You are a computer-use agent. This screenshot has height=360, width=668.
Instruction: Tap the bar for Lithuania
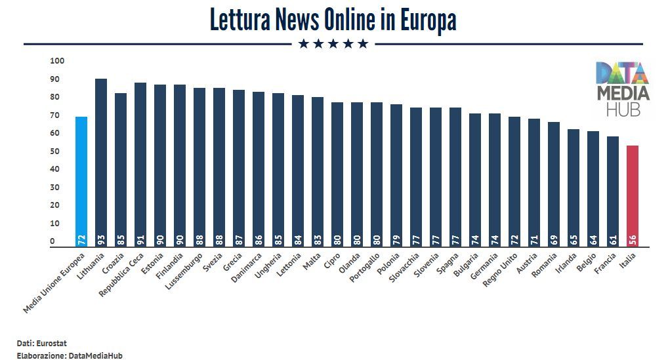[x=101, y=161]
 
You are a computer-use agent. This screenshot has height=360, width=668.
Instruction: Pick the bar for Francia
[x=613, y=190]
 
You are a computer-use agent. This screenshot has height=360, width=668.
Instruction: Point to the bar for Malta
[x=318, y=170]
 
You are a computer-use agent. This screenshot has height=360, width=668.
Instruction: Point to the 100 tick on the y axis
[x=57, y=61]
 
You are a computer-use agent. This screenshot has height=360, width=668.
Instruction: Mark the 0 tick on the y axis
[x=52, y=241]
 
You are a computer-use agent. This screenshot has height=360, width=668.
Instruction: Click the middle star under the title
[x=333, y=44]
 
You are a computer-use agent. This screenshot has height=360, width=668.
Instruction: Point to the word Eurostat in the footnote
[x=52, y=343]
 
